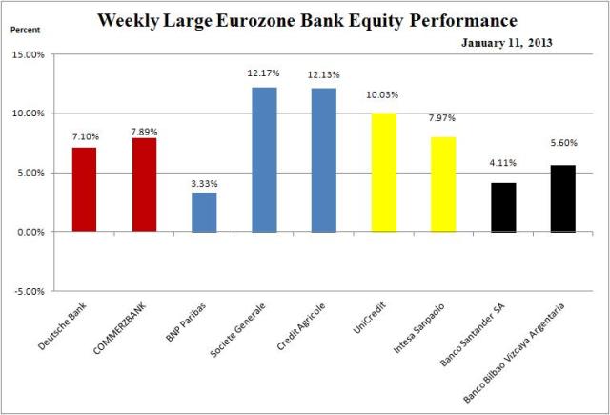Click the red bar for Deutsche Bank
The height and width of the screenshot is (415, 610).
click(x=84, y=190)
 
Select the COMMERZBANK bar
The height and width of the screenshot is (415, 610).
click(x=144, y=185)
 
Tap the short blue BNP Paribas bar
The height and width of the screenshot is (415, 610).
click(x=204, y=213)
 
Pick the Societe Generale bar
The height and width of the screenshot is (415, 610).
click(x=264, y=159)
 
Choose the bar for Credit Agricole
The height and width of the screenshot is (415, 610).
click(x=324, y=159)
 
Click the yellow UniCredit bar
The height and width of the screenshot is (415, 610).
click(x=384, y=173)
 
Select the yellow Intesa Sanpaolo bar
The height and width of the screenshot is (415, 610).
click(x=444, y=184)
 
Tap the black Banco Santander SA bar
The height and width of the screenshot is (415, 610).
click(x=503, y=207)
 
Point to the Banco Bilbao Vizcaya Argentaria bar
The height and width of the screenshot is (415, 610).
click(x=563, y=198)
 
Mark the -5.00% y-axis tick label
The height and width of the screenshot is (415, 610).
click(x=30, y=291)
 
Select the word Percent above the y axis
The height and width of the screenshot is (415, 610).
click(x=26, y=30)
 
